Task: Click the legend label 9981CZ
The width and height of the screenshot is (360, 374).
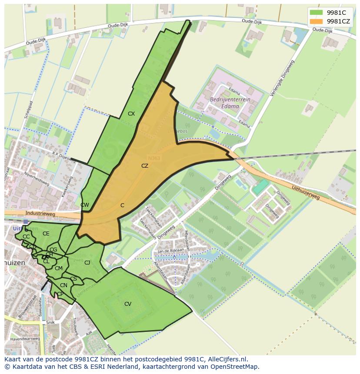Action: tap(338, 21)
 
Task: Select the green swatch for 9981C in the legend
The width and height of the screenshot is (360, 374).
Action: tap(316, 13)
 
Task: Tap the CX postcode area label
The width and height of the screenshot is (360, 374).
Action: tap(131, 114)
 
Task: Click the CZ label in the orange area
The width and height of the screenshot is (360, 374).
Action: tap(145, 165)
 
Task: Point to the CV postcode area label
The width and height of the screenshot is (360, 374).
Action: tap(128, 304)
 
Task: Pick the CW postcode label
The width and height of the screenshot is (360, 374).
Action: tap(85, 205)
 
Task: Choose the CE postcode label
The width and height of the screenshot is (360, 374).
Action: tap(46, 234)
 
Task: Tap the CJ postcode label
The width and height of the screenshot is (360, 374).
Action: tap(87, 262)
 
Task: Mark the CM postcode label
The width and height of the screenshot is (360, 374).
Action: tap(59, 268)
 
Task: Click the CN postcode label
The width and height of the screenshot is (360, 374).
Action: tap(63, 285)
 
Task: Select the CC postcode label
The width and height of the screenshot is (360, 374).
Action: tap(26, 237)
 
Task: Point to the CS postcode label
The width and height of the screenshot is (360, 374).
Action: tap(73, 279)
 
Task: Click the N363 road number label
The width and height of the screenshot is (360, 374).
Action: tap(154, 159)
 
